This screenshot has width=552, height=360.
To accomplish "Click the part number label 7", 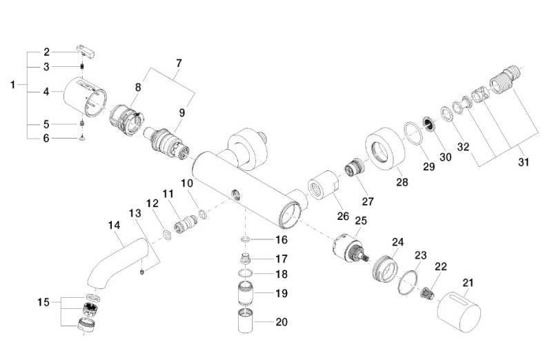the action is [179, 63].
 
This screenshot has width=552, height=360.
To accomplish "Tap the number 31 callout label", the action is [524, 162].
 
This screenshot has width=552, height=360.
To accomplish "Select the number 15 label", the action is [43, 302].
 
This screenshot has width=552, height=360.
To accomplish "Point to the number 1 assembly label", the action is [13, 85].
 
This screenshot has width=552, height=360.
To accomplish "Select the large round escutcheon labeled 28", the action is [385, 150].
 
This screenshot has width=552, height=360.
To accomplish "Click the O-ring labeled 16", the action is [246, 239].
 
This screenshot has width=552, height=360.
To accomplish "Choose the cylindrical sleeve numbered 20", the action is [246, 321].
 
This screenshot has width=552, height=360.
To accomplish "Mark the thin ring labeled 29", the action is [413, 133].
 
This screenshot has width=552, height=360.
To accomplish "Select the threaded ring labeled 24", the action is [385, 269].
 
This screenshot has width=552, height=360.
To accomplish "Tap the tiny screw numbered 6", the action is [82, 139].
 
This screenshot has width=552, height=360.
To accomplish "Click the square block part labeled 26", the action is [323, 185].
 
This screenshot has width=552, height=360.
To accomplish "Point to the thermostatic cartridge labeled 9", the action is [166, 144].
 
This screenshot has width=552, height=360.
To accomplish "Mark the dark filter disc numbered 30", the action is [428, 123].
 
